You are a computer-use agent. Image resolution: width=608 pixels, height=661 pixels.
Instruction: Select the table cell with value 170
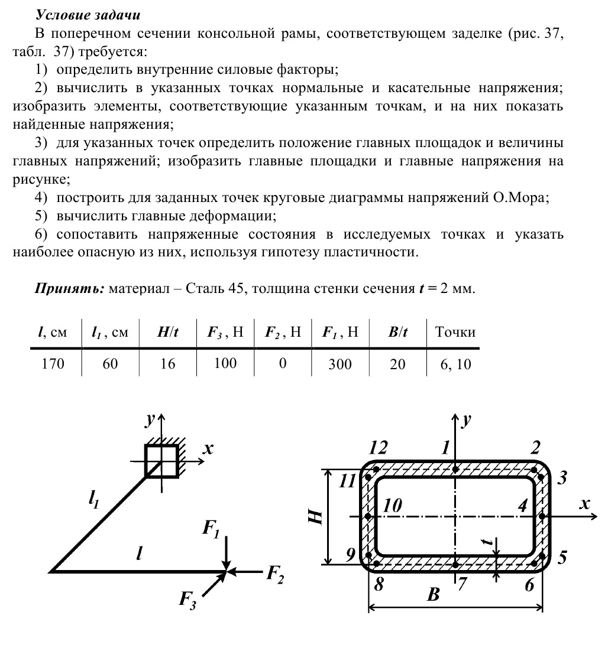53,364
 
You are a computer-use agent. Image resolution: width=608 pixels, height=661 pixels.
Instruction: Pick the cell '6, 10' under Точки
455,364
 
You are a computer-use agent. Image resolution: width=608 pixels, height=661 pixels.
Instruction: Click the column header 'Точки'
455,332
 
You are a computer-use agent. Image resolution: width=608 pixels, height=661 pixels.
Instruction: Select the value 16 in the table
168,364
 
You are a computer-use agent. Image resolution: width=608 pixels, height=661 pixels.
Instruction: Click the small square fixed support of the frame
161,461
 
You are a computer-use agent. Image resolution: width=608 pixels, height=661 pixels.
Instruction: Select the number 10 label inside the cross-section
392,506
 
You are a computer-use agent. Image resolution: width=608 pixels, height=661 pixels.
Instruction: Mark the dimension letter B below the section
434,594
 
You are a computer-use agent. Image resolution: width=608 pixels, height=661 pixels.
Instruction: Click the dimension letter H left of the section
316,517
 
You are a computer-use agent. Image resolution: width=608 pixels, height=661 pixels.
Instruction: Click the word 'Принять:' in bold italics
70,289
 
